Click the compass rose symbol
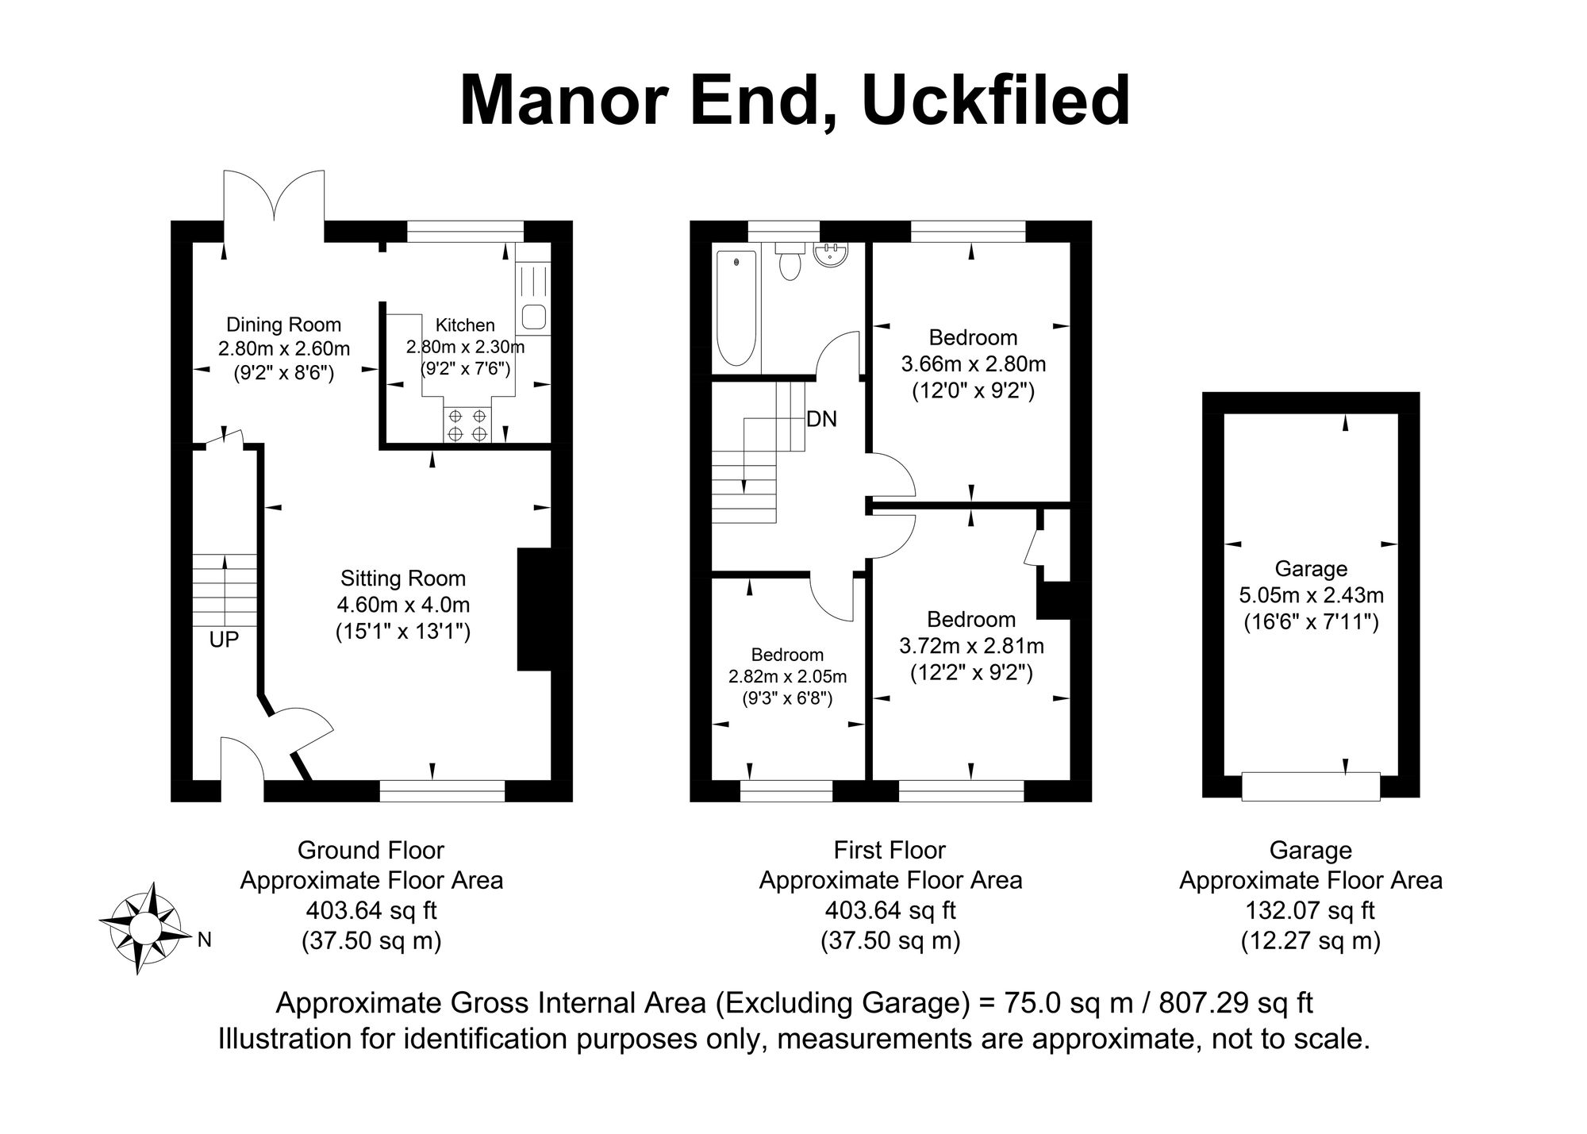click(144, 927)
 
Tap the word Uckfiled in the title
click(995, 101)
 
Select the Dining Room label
click(284, 325)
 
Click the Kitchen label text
click(465, 325)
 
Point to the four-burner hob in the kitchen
click(467, 425)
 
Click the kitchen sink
click(532, 317)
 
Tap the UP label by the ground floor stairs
click(224, 640)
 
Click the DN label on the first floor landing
click(821, 419)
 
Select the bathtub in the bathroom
click(736, 308)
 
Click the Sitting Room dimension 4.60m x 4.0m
click(403, 605)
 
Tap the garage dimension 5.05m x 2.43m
click(1311, 594)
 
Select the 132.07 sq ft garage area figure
click(1311, 910)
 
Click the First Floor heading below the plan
click(890, 851)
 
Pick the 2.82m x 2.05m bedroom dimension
click(788, 677)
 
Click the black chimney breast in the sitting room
click(534, 609)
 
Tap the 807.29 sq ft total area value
click(1236, 1003)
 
